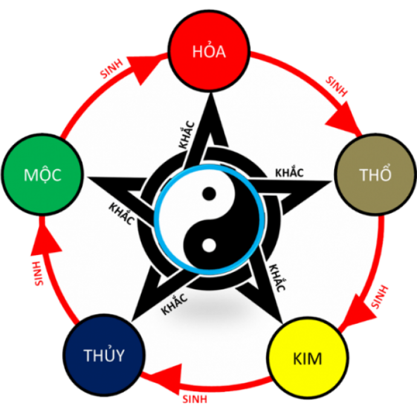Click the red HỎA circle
[x=208, y=52]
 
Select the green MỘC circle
[x=42, y=175]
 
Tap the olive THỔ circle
[x=375, y=175]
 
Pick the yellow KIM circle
[x=307, y=358]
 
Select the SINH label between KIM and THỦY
[x=195, y=399]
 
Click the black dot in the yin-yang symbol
[x=208, y=194]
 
